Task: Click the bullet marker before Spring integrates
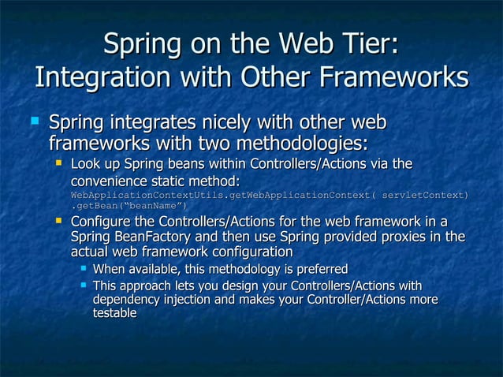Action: tap(34, 123)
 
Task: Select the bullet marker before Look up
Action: tap(58, 163)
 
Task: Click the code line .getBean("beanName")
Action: tap(129, 206)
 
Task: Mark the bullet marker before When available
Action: tap(82, 269)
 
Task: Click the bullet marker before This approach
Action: tap(82, 285)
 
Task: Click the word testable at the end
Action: tap(115, 314)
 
